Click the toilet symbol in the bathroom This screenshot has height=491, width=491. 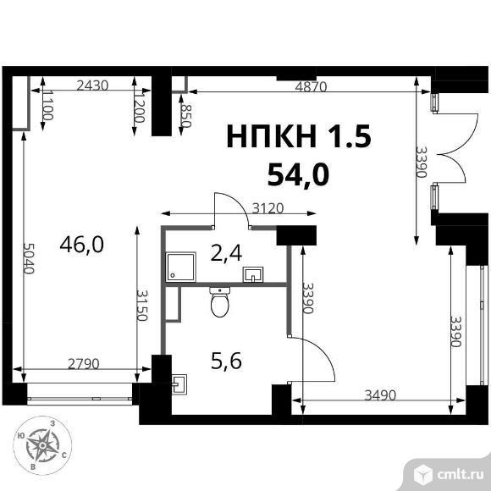click(x=219, y=302)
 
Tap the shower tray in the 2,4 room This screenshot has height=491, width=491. click(x=181, y=267)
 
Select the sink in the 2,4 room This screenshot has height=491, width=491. click(x=253, y=274)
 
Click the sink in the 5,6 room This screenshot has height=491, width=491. click(x=179, y=384)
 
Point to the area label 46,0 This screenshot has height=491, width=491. click(x=82, y=245)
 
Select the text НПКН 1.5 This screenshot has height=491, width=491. click(x=299, y=136)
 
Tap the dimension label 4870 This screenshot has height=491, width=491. click(x=311, y=86)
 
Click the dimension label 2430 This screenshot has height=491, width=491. click(x=92, y=86)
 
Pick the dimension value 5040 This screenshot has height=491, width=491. click(x=29, y=259)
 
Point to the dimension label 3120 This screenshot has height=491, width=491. click(x=268, y=208)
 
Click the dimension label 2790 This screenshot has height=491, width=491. click(x=84, y=364)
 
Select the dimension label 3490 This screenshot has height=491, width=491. click(x=380, y=395)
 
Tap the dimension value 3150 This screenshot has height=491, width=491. click(x=142, y=306)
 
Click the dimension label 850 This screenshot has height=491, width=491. click(x=186, y=115)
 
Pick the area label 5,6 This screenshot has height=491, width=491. click(x=226, y=361)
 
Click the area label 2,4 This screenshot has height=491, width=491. click(x=226, y=253)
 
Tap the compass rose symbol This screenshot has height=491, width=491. click(x=42, y=445)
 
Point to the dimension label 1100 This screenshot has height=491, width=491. click(x=47, y=105)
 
